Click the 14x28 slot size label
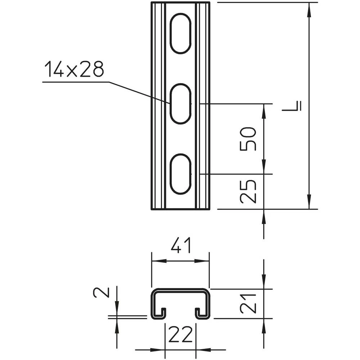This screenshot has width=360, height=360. (x=74, y=69)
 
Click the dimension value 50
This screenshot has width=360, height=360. (x=249, y=139)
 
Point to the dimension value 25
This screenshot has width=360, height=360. (x=249, y=191)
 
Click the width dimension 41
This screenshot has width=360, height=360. (x=181, y=247)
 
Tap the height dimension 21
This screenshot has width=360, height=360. (x=249, y=303)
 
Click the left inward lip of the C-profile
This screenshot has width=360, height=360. (x=162, y=312)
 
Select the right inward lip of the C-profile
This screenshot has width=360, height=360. (x=199, y=312)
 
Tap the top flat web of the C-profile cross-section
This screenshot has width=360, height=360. (x=181, y=290)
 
